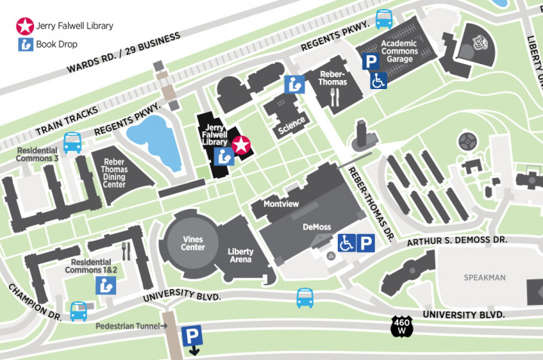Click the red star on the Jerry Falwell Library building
[x=241, y=145]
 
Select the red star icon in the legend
[x=26, y=26]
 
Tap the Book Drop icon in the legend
[x=26, y=45]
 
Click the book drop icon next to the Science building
[x=294, y=85]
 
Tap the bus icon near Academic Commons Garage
[x=384, y=17]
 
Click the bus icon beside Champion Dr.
[x=78, y=310]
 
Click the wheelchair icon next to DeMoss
[x=346, y=243]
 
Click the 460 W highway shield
[x=400, y=327]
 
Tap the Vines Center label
[x=192, y=242]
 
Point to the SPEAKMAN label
[x=484, y=278]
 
